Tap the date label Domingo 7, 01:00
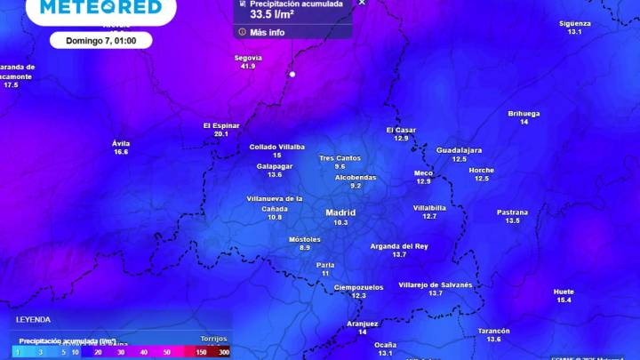(101, 40)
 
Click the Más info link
(267, 32)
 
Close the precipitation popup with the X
(361, 3)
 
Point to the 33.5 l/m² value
(272, 14)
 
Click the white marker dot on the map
(292, 74)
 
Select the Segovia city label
(247, 57)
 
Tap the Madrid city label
(340, 212)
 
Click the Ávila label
(121, 142)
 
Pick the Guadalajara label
(459, 149)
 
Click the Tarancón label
(493, 331)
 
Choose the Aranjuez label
(363, 324)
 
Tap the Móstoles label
(305, 239)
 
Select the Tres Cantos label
(340, 157)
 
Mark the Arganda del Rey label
(399, 245)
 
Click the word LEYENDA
(33, 319)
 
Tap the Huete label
(564, 292)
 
